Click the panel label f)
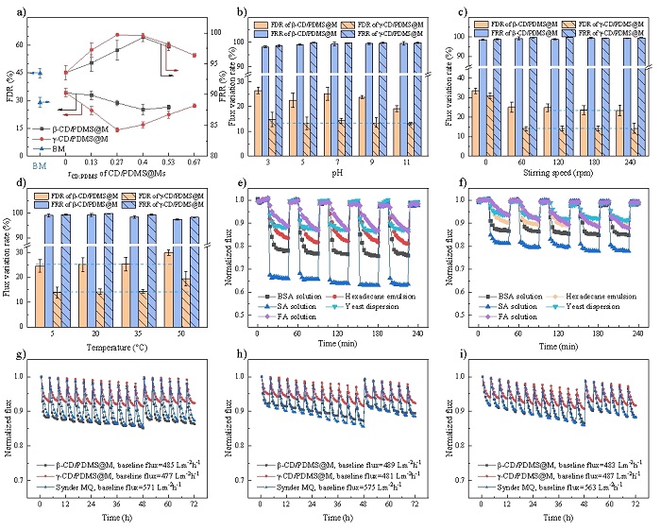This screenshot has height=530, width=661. (x=458, y=183)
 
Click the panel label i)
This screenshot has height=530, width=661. (x=458, y=355)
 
